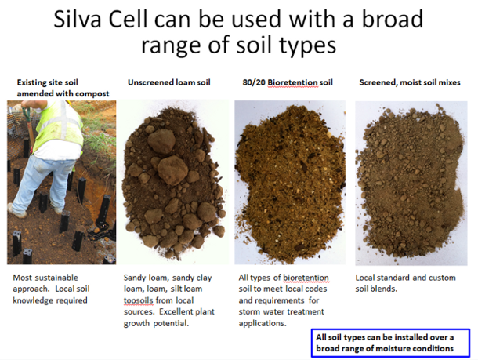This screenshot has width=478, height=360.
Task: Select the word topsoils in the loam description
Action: click(x=142, y=300)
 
